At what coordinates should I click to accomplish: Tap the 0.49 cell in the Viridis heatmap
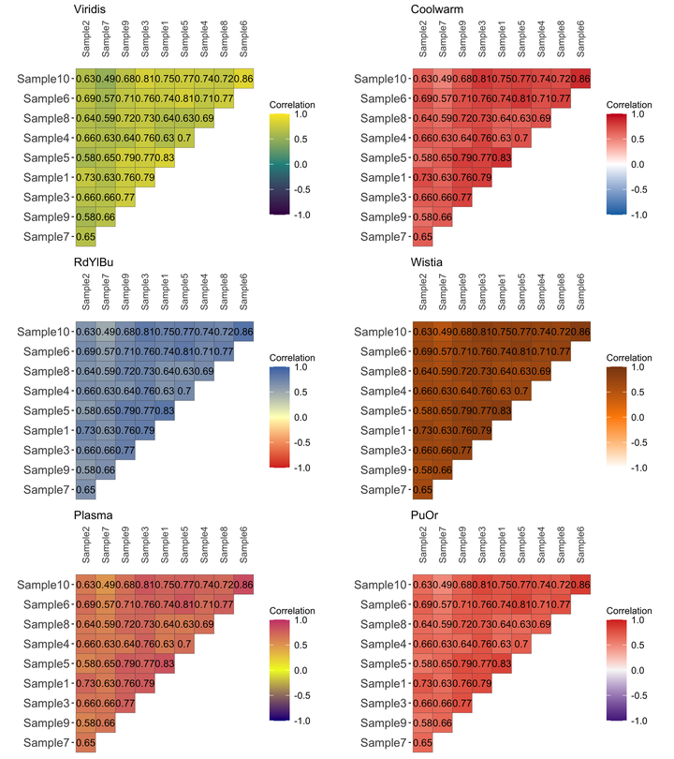106,79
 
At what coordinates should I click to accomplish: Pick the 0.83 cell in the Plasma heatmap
165,663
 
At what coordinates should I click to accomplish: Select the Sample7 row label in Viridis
45,236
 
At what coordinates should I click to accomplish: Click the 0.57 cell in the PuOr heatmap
442,604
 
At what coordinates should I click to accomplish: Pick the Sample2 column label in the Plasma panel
86,546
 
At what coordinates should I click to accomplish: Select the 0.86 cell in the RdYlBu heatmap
243,332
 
